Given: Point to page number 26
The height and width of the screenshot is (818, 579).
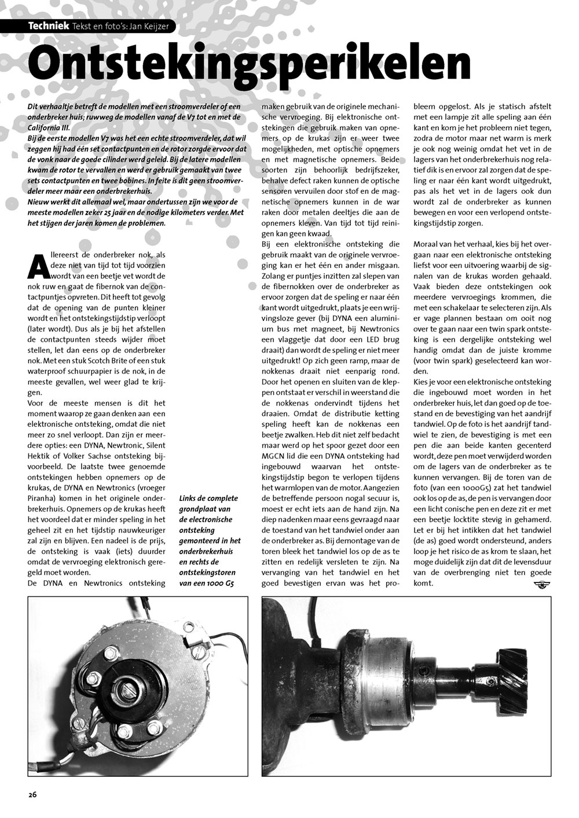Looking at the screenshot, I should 32,794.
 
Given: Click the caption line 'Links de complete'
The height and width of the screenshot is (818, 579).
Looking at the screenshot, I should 208,499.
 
